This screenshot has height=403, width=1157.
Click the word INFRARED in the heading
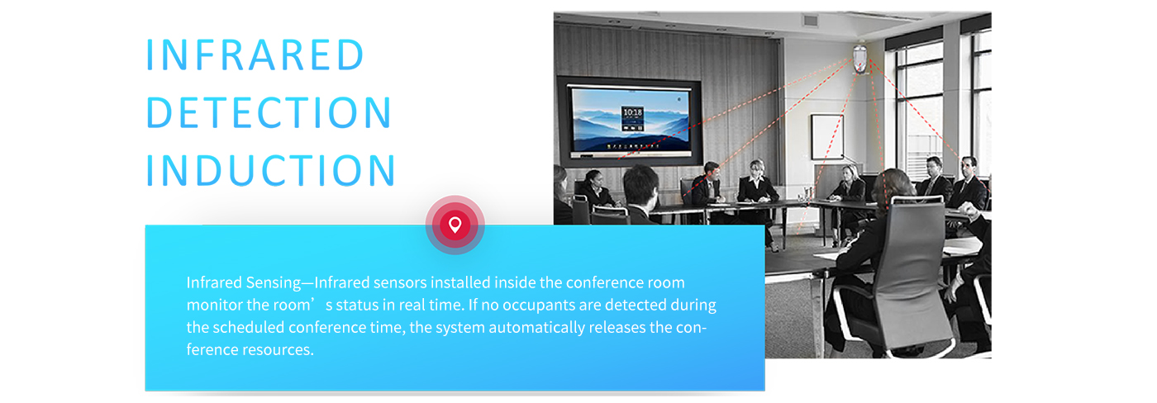[x=255, y=55]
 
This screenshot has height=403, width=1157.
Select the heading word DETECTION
[x=269, y=112]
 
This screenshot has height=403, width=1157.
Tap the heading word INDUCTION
[x=271, y=170]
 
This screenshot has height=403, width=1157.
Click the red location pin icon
[x=455, y=225]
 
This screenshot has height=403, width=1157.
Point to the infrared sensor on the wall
[x=860, y=59]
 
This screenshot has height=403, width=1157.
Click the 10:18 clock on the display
[x=632, y=112]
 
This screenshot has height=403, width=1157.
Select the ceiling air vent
[x=811, y=21]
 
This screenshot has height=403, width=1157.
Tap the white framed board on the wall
[x=827, y=136]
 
